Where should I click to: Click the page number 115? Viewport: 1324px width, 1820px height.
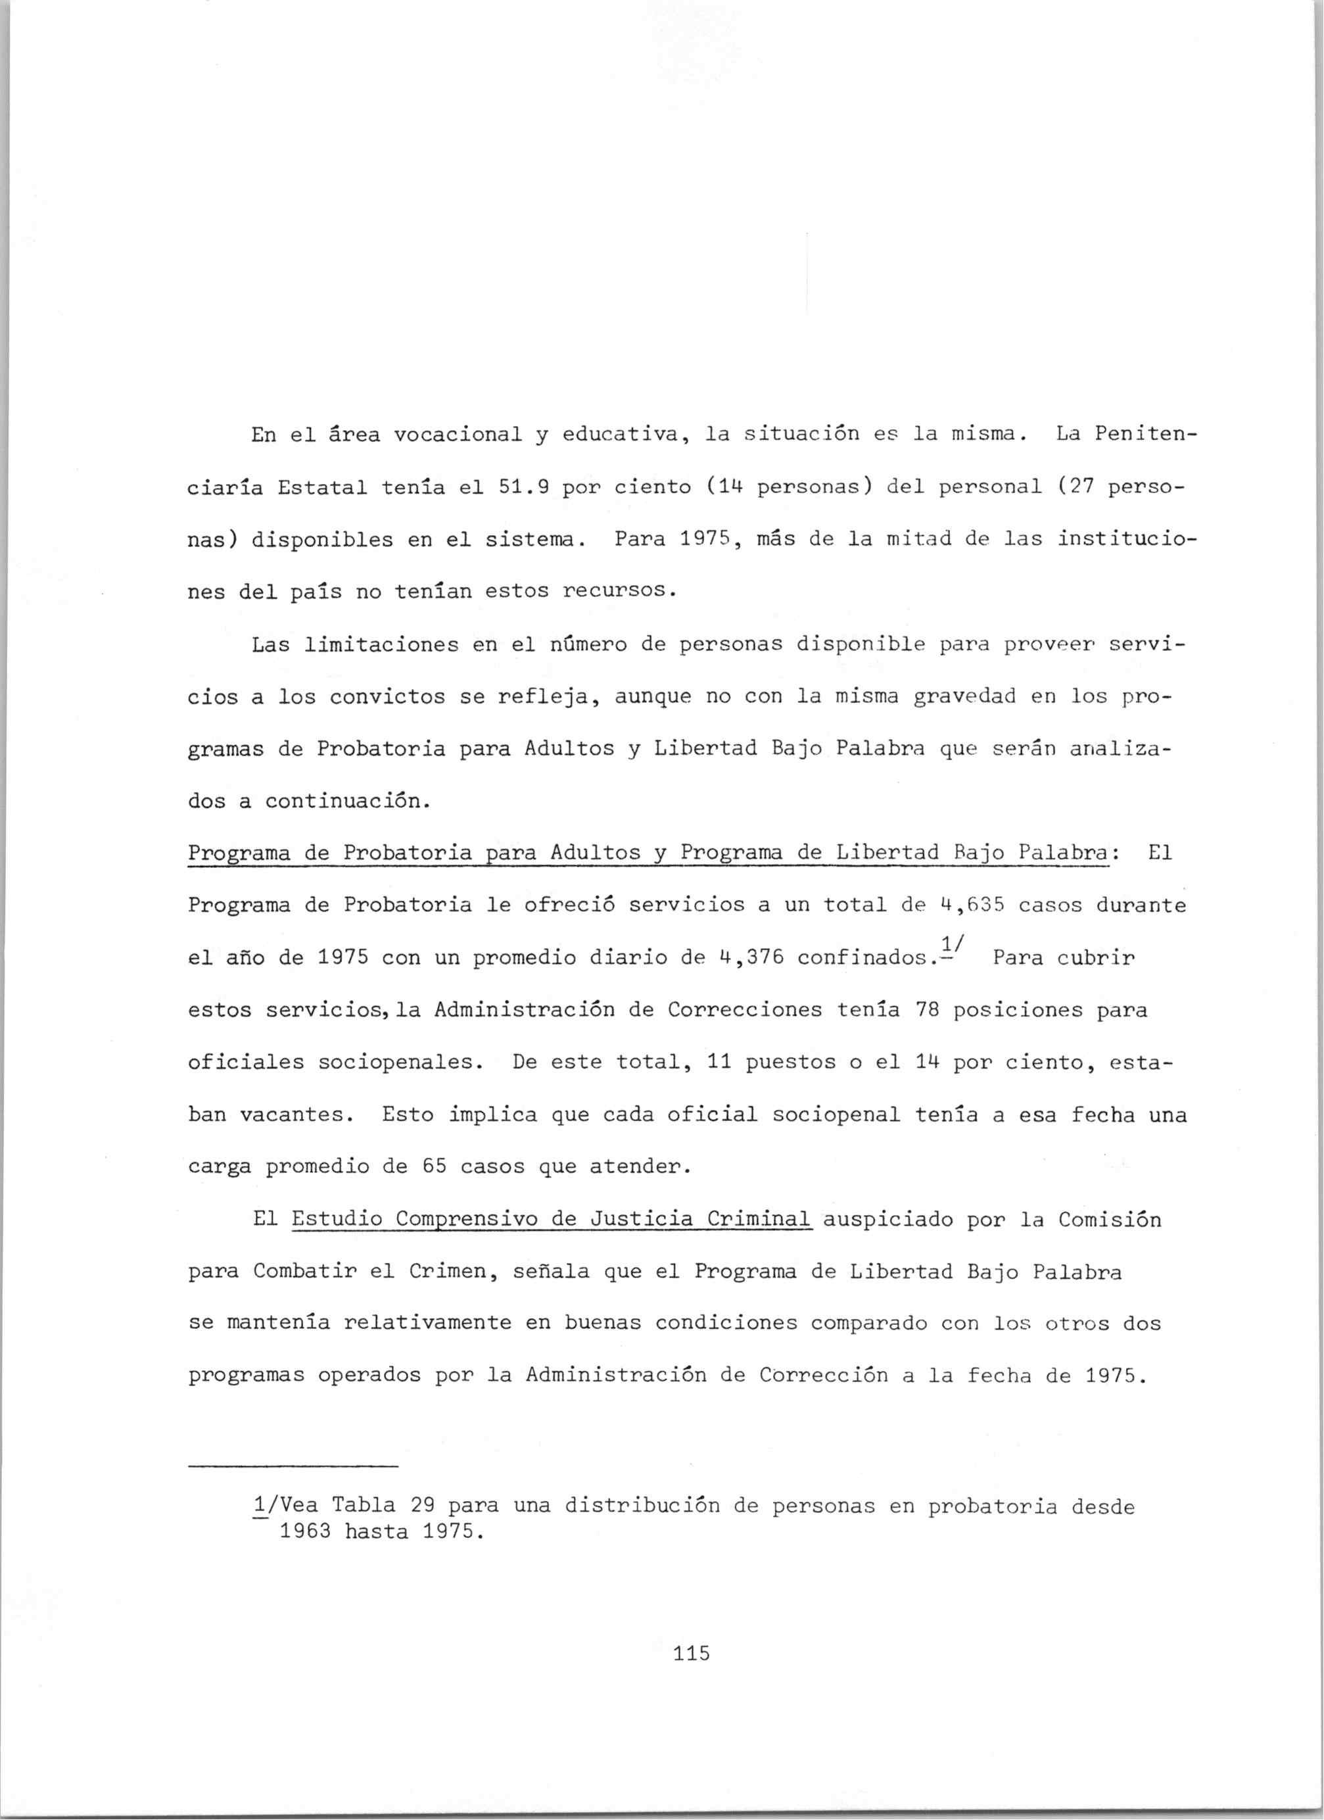coord(692,1653)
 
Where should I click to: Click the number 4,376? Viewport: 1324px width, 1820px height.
coord(751,957)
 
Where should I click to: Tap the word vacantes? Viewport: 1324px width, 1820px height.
coord(305,1115)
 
